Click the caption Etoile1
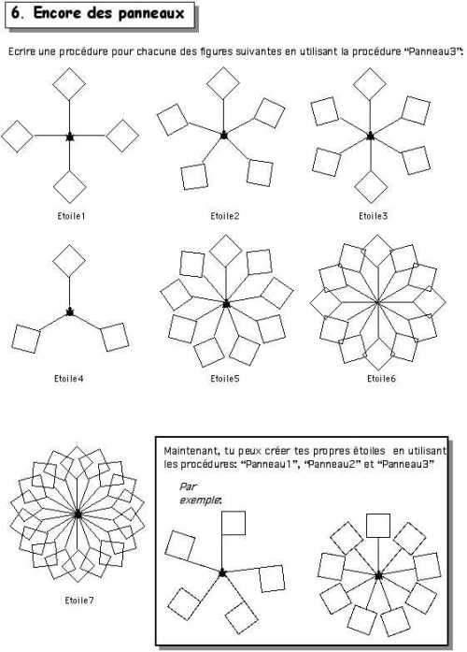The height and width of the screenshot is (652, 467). [71, 216]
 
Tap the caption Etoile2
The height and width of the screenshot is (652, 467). [224, 216]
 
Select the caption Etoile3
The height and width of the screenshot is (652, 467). [373, 216]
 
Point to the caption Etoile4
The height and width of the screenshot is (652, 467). [68, 379]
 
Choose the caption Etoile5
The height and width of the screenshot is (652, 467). [224, 379]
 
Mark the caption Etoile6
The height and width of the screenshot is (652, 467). [381, 379]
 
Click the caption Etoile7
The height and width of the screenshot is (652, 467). [79, 601]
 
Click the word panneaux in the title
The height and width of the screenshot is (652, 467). [151, 13]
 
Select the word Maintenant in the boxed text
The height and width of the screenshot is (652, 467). [191, 451]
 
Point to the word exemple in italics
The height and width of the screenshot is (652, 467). [200, 500]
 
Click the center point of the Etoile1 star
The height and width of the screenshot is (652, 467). [70, 137]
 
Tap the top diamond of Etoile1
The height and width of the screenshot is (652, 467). [69, 83]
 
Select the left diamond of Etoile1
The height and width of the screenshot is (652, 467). [17, 137]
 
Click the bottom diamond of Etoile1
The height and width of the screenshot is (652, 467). [70, 187]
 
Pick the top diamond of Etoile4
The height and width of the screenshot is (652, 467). [69, 261]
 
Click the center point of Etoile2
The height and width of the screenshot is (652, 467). [224, 135]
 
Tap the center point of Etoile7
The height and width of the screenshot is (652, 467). [78, 514]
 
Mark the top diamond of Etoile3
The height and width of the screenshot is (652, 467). [370, 84]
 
